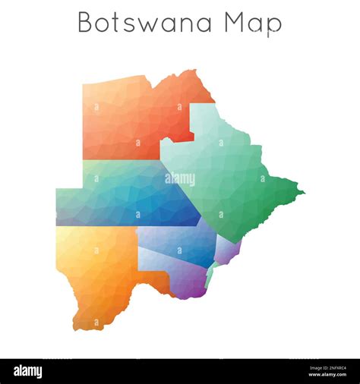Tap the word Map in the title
(x=253, y=24)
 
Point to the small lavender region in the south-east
(x=227, y=249)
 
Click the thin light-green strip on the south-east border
(x=210, y=275)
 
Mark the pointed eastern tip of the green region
(x=303, y=192)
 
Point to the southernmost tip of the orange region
(x=77, y=328)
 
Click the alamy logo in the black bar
(x=28, y=371)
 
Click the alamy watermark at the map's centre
(x=180, y=179)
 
